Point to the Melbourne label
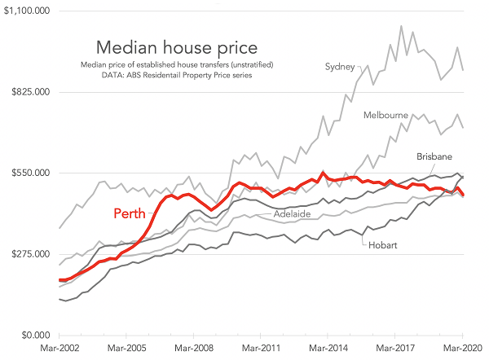click(385, 115)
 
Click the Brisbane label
click(434, 156)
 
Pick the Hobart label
click(383, 244)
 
